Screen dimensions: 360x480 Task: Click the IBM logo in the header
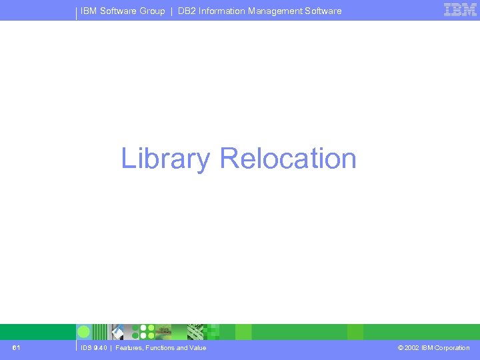coord(460,10)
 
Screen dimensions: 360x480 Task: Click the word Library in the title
coord(165,159)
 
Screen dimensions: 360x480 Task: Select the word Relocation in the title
coord(287,159)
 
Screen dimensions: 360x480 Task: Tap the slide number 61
coord(16,348)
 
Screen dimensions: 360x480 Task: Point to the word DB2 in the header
coord(188,11)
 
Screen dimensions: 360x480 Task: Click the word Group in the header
coord(152,11)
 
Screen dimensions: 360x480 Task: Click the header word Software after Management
coord(322,11)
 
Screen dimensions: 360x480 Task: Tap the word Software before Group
coord(119,11)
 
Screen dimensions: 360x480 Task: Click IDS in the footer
coord(85,348)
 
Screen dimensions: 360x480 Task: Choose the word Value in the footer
coord(198,348)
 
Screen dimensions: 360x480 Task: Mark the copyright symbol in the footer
coord(400,348)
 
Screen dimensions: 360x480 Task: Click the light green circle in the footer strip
coord(84,332)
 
